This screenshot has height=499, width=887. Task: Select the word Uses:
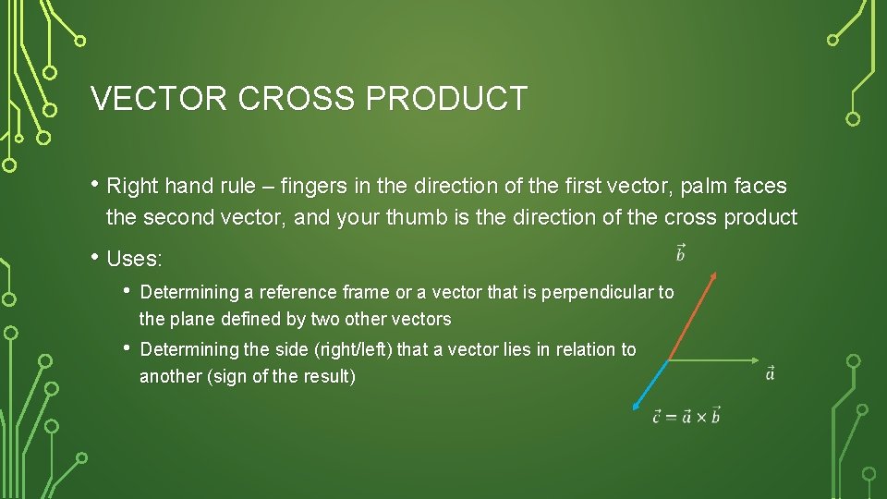pyautogui.click(x=135, y=260)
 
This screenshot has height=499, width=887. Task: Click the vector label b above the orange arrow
pyautogui.click(x=680, y=252)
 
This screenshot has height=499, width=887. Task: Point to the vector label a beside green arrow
pyautogui.click(x=771, y=373)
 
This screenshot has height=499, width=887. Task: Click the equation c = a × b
pyautogui.click(x=686, y=416)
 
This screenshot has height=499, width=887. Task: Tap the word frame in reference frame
pyautogui.click(x=368, y=292)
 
